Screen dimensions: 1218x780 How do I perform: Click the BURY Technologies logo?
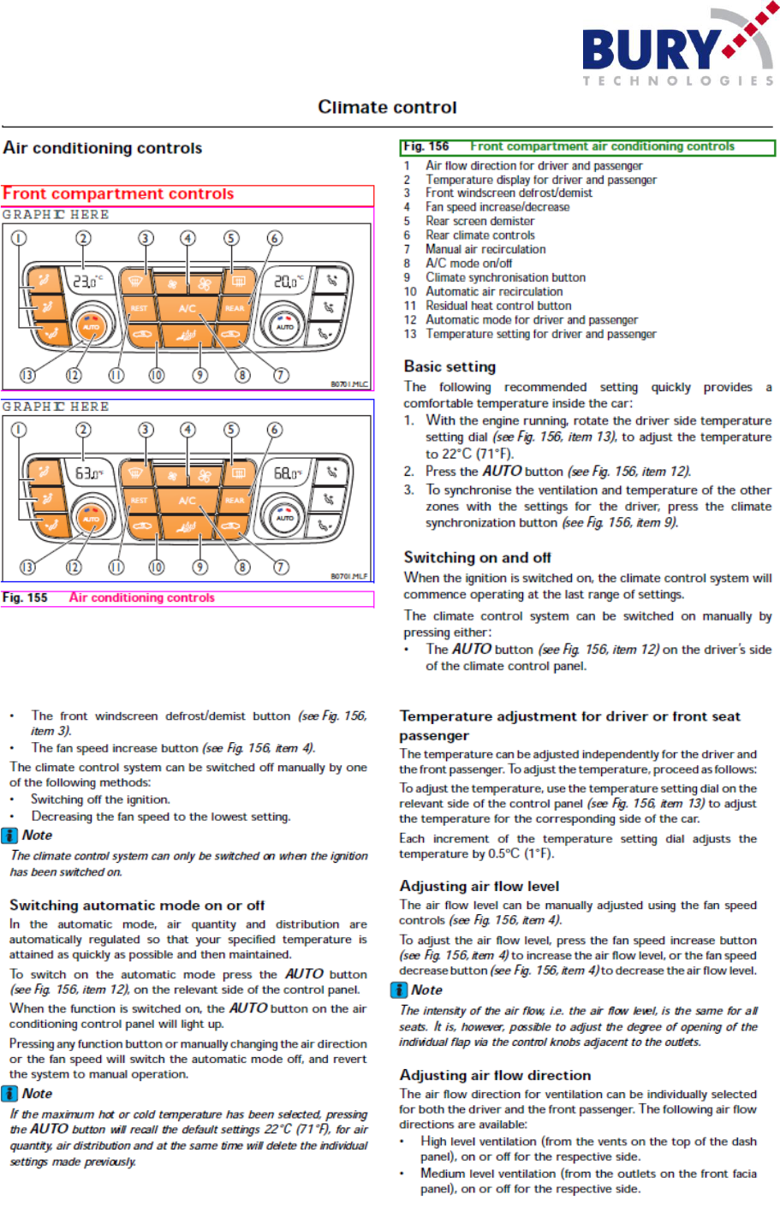676,47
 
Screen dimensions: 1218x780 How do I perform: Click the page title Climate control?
387,107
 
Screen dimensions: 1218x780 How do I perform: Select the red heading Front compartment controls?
118,194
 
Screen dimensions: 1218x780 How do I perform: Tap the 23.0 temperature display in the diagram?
86,280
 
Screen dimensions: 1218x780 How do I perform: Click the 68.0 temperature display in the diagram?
288,472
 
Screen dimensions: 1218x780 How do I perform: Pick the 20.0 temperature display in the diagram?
288,280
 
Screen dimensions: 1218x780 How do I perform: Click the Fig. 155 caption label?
25,597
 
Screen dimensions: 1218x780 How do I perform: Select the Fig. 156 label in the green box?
426,146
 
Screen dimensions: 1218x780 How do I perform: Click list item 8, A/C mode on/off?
468,264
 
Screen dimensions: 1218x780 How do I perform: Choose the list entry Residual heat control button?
498,306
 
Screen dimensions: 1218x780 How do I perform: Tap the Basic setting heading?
450,366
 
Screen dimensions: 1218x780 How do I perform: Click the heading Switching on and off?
477,557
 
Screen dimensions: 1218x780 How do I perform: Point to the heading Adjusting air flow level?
479,886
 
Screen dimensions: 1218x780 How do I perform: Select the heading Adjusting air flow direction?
495,1075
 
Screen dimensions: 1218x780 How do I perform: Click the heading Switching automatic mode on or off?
137,905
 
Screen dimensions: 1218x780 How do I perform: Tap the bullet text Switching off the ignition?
100,799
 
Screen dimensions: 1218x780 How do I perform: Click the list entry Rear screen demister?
479,221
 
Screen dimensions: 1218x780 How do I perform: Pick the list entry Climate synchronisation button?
505,277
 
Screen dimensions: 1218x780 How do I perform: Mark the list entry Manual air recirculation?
485,249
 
